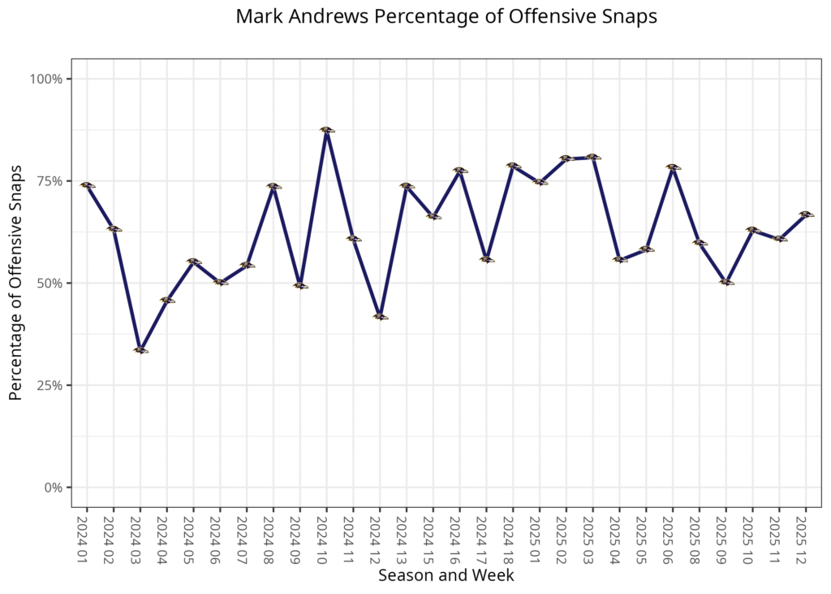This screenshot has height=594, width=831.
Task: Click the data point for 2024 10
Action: coord(326,130)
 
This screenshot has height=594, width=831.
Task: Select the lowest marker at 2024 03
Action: coord(140,350)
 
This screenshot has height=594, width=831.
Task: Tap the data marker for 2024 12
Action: coord(380,317)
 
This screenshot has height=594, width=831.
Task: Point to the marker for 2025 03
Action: coord(592,157)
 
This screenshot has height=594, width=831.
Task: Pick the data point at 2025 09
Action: coord(726,282)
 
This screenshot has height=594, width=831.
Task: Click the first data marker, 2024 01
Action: coord(87,185)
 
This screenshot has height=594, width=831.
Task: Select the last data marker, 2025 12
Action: coord(805,215)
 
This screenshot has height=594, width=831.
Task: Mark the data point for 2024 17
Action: coord(486,259)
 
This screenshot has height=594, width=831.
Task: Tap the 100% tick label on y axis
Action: coord(47,79)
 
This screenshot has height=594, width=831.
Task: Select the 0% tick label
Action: coord(54,488)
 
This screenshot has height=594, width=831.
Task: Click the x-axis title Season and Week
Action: coord(446,575)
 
